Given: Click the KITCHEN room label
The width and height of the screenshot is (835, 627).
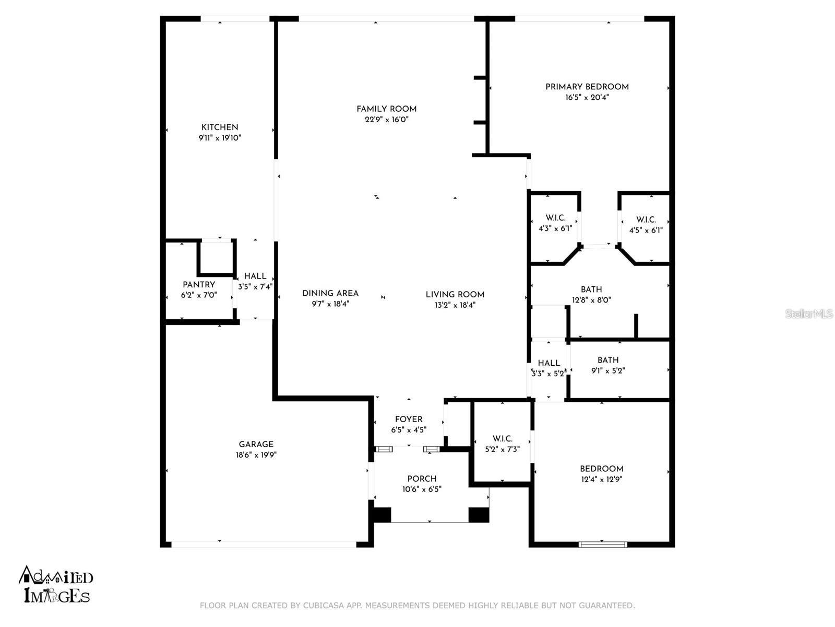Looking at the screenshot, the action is coord(220,127).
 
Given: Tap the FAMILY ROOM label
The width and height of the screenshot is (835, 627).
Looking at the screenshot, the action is coord(386,109).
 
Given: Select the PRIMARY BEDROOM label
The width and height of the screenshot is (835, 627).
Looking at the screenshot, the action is coord(587,87).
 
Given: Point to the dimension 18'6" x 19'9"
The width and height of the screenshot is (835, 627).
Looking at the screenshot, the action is coord(256,455).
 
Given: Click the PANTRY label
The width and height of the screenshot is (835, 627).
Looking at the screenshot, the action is coord(199,285).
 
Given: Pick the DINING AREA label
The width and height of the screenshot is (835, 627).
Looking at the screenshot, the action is coord(330,294).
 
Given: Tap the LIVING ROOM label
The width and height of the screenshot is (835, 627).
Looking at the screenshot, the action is coord(455,295).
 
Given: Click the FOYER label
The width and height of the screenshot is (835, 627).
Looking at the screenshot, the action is coord(409,420).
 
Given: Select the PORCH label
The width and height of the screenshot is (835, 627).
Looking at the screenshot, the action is coord(422,479).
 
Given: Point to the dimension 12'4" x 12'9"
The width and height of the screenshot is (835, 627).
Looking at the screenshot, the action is coord(601,479).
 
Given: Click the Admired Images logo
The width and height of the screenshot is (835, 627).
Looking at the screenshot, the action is coord(56,585).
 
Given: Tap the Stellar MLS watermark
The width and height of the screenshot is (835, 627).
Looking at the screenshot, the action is coord(809,313).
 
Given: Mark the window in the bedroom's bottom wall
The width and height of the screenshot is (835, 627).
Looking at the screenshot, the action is coord(603,544).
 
